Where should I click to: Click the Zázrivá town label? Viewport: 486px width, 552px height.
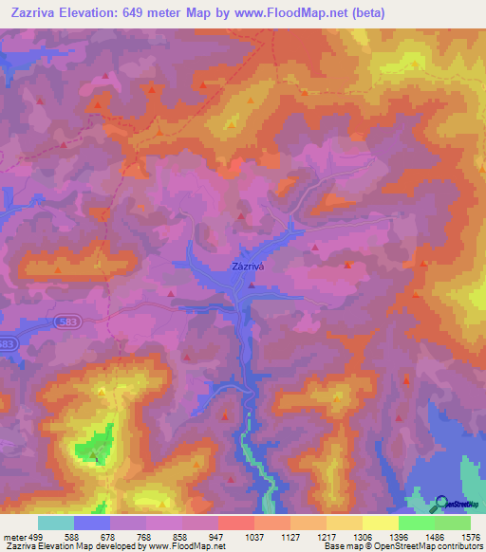[x=247, y=267]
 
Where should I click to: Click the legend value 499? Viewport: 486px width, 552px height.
[x=34, y=536]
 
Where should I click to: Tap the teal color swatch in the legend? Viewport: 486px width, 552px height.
[x=56, y=523]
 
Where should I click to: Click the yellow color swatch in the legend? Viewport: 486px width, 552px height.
[x=380, y=523]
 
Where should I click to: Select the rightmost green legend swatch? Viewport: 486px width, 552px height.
[x=453, y=523]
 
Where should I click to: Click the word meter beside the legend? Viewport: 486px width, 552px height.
[x=12, y=536]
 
